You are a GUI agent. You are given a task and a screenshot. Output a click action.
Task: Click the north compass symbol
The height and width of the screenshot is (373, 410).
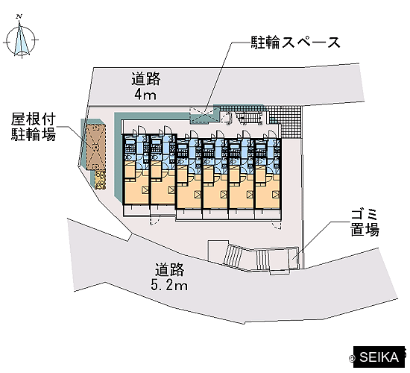[x=22, y=40]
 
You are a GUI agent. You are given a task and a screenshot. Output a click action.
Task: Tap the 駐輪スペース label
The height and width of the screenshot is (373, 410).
[x=296, y=42]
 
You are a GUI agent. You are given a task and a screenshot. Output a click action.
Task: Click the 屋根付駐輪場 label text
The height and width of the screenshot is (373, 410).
[x=34, y=128]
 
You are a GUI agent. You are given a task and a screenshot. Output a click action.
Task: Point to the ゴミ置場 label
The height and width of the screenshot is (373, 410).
[x=365, y=223]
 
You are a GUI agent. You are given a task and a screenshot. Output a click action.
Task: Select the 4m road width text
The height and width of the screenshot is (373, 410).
[x=145, y=95]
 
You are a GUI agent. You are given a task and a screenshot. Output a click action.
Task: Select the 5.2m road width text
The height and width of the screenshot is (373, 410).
[x=169, y=285]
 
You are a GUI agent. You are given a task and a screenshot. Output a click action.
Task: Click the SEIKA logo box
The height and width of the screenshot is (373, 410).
[x=379, y=357]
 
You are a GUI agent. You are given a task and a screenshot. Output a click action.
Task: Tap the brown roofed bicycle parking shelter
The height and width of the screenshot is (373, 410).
[x=96, y=148]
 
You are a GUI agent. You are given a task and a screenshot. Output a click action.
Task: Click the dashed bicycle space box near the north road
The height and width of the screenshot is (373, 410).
[x=204, y=115]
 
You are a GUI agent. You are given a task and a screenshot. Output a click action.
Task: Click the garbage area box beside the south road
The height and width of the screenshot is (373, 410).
[x=293, y=257]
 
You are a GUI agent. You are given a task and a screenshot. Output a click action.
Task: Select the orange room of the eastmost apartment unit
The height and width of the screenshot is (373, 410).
[x=268, y=188]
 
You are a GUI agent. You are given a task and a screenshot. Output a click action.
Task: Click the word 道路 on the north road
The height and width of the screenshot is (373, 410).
[x=145, y=79]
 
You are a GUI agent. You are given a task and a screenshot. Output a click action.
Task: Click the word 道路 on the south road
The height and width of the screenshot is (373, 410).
[x=169, y=269]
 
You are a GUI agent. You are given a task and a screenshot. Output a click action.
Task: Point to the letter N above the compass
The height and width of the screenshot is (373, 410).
[x=19, y=17]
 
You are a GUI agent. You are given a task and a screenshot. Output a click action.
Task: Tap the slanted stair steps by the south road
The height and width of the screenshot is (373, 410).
[x=233, y=256]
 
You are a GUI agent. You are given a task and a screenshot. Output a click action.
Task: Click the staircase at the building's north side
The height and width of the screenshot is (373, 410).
[x=250, y=117]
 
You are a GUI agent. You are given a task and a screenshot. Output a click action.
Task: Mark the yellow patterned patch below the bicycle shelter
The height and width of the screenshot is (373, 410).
[x=100, y=180]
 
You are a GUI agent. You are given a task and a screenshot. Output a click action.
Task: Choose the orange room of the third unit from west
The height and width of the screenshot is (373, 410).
[x=189, y=188]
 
